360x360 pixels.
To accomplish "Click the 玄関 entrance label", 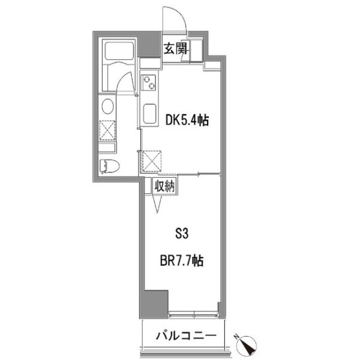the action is click(176, 49).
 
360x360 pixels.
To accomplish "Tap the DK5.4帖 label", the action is click(187, 121).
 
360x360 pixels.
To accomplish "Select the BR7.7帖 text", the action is click(182, 260).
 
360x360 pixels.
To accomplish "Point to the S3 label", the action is click(182, 234).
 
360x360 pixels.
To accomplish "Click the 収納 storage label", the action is click(164, 186).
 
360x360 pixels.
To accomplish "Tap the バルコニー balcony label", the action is click(186, 336).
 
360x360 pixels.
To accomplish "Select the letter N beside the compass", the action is click(236, 337).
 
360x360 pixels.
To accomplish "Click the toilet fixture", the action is click(110, 166).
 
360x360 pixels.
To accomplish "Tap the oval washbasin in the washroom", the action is click(107, 106).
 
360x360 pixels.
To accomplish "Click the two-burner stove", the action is click(148, 83).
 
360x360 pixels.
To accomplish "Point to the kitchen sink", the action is click(149, 114).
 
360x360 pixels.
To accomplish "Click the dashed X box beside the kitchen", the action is click(152, 161).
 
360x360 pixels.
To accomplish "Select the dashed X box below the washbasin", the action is click(107, 130).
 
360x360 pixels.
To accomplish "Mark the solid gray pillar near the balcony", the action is click(154, 304).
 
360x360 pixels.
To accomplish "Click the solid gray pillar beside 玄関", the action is click(149, 44).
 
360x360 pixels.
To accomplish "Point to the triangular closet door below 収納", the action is click(158, 204).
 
